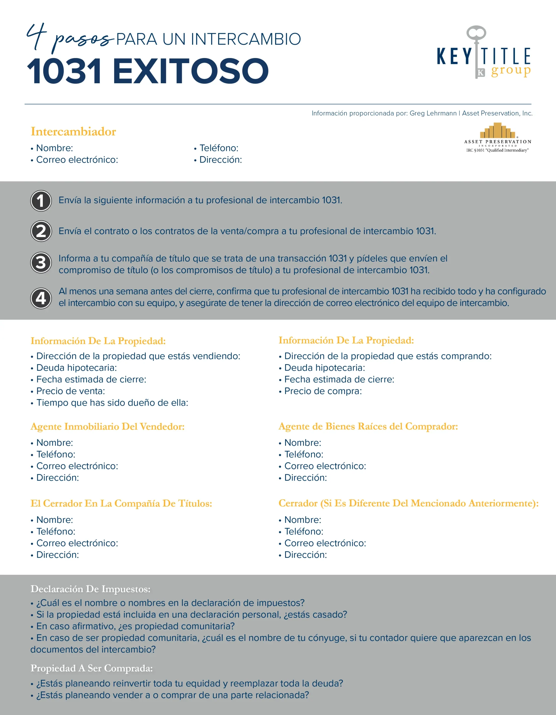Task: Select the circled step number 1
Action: click(41, 201)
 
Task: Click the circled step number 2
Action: click(41, 232)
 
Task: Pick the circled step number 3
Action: click(41, 263)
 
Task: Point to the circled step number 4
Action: click(41, 298)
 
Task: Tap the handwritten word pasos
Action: click(83, 40)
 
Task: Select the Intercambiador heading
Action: click(73, 132)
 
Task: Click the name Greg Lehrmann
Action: click(433, 113)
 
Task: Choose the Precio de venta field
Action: click(70, 391)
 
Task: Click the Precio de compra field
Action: click(323, 391)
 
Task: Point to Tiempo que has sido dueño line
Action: click(112, 403)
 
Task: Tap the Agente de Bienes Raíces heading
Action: click(368, 426)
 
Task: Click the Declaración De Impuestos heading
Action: click(90, 589)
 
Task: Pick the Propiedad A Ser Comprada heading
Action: click(92, 668)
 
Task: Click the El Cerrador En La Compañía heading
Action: click(121, 504)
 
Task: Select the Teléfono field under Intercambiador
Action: click(219, 148)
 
